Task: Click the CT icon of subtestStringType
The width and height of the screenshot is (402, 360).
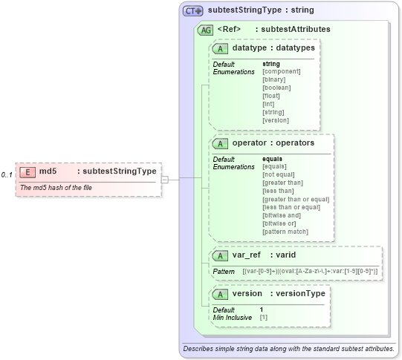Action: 193,11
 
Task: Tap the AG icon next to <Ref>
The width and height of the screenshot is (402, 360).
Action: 204,30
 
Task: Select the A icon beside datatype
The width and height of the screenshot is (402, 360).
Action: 220,48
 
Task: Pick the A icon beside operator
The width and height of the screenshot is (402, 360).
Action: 220,143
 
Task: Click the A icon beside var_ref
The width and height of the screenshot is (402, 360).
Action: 220,255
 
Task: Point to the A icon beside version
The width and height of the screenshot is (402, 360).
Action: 220,294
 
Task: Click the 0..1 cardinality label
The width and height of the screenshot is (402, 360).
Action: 7,174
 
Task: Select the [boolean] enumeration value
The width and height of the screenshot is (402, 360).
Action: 276,88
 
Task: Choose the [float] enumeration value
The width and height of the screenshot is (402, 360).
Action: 271,96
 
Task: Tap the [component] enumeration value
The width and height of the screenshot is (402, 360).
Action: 281,71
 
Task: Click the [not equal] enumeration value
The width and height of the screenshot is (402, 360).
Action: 278,174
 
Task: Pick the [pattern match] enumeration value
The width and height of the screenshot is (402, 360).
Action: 285,232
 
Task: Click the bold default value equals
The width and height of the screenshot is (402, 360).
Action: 273,159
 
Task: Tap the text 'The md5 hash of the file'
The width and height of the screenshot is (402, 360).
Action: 57,188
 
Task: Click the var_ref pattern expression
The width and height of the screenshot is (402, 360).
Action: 310,272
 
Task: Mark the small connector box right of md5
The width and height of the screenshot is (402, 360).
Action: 165,179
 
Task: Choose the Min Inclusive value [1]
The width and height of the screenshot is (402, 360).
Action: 264,318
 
